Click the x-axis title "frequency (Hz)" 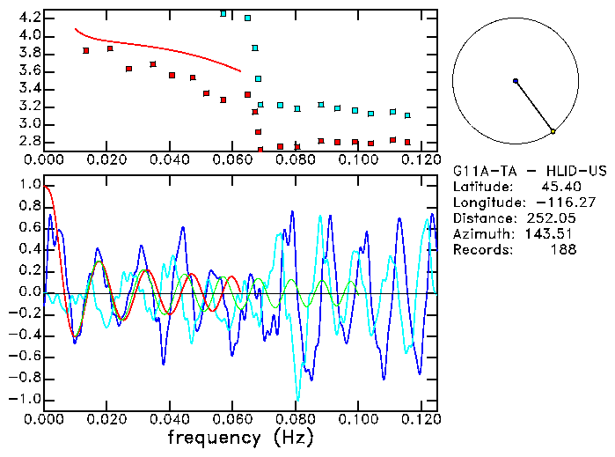click(x=239, y=437)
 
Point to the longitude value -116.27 click(x=552, y=203)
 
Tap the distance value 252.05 click(x=552, y=218)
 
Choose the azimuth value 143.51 click(x=552, y=234)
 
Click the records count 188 click(x=560, y=250)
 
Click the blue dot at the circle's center click(x=516, y=81)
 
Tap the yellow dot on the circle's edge click(x=553, y=131)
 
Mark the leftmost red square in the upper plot click(x=86, y=50)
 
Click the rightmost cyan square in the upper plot click(x=407, y=115)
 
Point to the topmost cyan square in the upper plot click(x=223, y=14)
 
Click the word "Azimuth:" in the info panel click(x=481, y=234)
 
